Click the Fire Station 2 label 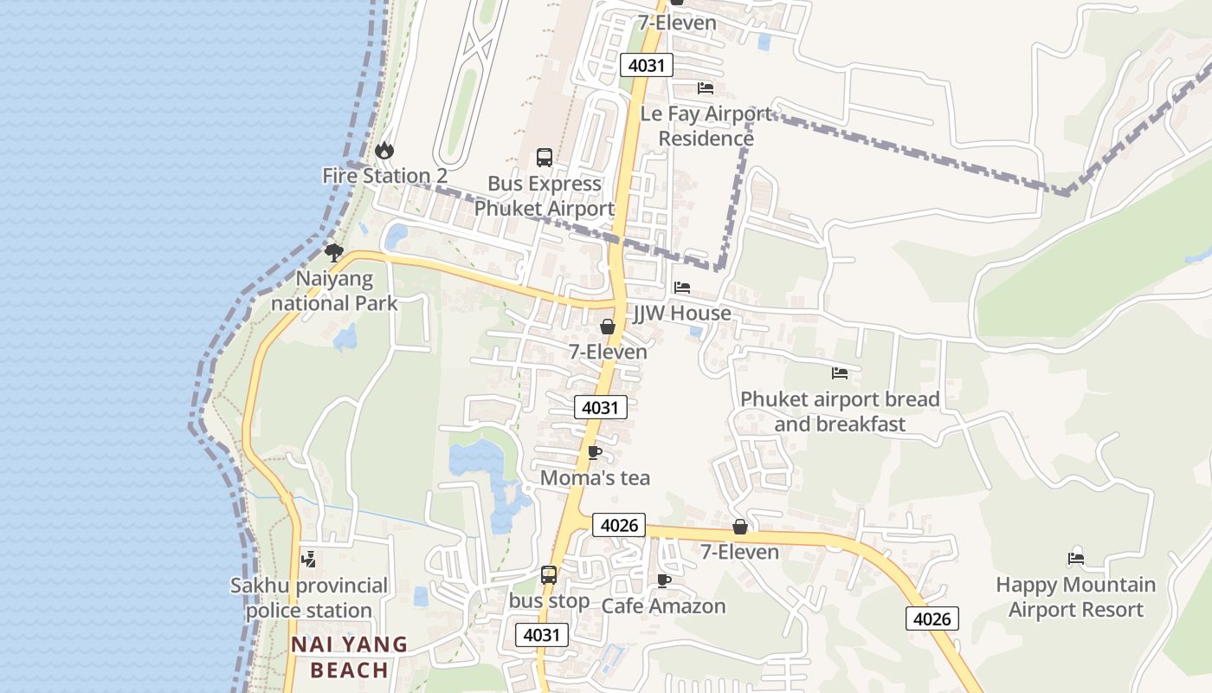pyautogui.click(x=384, y=176)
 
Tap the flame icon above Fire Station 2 pyautogui.click(x=384, y=151)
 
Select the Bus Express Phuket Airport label pyautogui.click(x=545, y=196)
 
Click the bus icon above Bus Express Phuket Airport pyautogui.click(x=545, y=158)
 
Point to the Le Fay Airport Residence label pyautogui.click(x=706, y=126)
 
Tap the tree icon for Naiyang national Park pyautogui.click(x=333, y=253)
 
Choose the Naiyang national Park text pyautogui.click(x=334, y=291)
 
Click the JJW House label pyautogui.click(x=682, y=313)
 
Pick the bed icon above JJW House pyautogui.click(x=682, y=287)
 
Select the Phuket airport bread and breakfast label pyautogui.click(x=840, y=411)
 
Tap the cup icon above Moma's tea pyautogui.click(x=595, y=452)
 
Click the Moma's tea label pyautogui.click(x=595, y=477)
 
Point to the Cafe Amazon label pyautogui.click(x=663, y=606)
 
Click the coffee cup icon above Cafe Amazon pyautogui.click(x=664, y=580)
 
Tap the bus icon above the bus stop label pyautogui.click(x=549, y=574)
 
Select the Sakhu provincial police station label pyautogui.click(x=309, y=598)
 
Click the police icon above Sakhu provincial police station pyautogui.click(x=308, y=560)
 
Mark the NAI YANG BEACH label pyautogui.click(x=349, y=657)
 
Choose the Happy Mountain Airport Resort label pyautogui.click(x=1076, y=597)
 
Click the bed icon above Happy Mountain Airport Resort pyautogui.click(x=1076, y=559)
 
